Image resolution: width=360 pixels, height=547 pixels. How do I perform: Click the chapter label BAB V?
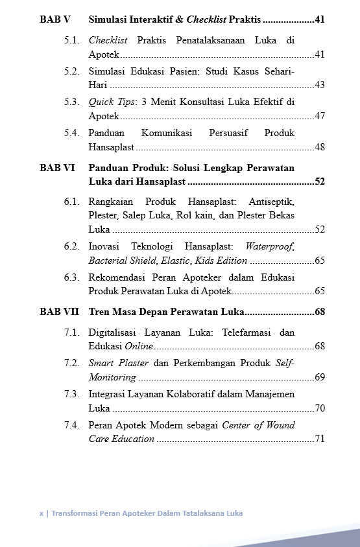pos(54,20)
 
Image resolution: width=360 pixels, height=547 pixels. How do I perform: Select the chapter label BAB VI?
pos(57,167)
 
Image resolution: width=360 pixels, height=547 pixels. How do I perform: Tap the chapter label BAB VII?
pos(59,312)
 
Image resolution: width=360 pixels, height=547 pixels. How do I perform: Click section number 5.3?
pos(71,102)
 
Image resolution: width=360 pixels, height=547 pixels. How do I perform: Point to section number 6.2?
pos(71,246)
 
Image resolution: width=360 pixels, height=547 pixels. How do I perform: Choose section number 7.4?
pos(71,425)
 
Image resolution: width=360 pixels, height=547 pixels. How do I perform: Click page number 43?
pos(319,85)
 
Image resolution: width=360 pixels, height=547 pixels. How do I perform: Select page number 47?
pos(319,116)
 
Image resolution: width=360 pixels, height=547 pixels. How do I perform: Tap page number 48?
pos(319,147)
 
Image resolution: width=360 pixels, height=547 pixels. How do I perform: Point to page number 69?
pos(319,377)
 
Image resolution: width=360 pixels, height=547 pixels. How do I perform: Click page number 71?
pos(319,439)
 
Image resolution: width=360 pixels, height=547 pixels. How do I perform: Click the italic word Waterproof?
pos(270,246)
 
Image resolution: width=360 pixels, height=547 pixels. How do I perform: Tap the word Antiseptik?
pos(270,201)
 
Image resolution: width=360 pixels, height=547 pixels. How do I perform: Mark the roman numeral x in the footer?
pos(41,513)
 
